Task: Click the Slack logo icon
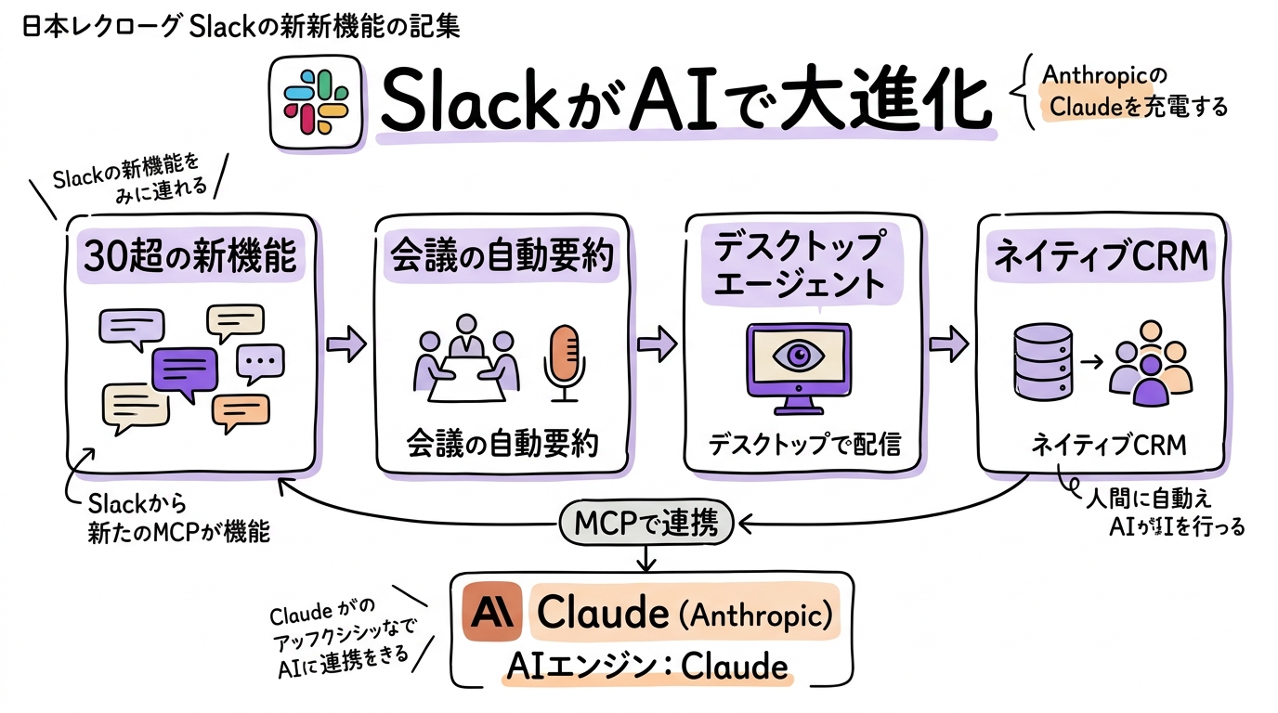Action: (x=316, y=102)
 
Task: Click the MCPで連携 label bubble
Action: (x=646, y=525)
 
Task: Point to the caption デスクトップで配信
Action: (x=804, y=444)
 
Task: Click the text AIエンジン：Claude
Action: (x=646, y=666)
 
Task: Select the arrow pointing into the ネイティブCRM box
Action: (x=948, y=344)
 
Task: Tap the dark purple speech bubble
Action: (x=185, y=372)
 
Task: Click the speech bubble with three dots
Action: (x=261, y=362)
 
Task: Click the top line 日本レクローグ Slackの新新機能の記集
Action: (x=240, y=25)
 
